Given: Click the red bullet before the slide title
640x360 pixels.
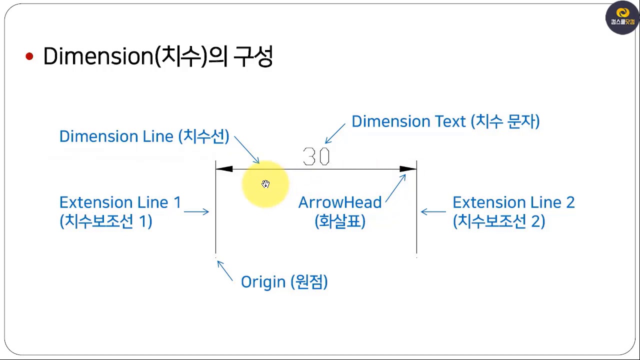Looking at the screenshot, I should click(x=29, y=57).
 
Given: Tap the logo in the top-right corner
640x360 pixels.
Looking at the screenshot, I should click(x=622, y=18).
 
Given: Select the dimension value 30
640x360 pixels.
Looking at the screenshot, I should click(x=316, y=157).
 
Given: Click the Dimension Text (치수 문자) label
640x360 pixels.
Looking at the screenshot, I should click(x=445, y=121).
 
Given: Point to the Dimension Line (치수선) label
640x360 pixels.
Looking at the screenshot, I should click(x=144, y=136).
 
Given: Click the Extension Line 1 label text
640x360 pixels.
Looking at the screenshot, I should click(x=120, y=202).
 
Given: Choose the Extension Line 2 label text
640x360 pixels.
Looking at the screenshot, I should click(x=513, y=202).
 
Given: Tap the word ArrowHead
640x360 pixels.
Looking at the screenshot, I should click(x=340, y=202).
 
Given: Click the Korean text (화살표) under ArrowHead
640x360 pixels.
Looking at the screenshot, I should click(x=340, y=221).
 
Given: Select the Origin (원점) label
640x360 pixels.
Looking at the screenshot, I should click(x=284, y=282).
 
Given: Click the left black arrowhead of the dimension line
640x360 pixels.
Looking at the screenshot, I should click(x=224, y=169).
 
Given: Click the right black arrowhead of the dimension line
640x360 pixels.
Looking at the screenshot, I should click(x=408, y=169).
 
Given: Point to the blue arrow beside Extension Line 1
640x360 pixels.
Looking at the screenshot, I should click(x=196, y=212).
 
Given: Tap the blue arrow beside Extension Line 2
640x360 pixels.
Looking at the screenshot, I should click(x=433, y=212).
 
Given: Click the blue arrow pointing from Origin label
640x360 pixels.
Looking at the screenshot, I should click(x=225, y=270).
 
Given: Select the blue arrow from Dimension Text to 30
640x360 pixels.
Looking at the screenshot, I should click(x=335, y=133).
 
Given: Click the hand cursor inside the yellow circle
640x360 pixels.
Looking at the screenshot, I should click(x=265, y=184).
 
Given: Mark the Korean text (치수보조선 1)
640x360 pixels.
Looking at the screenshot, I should click(x=105, y=221).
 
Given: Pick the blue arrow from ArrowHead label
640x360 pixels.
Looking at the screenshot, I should click(x=395, y=188).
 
